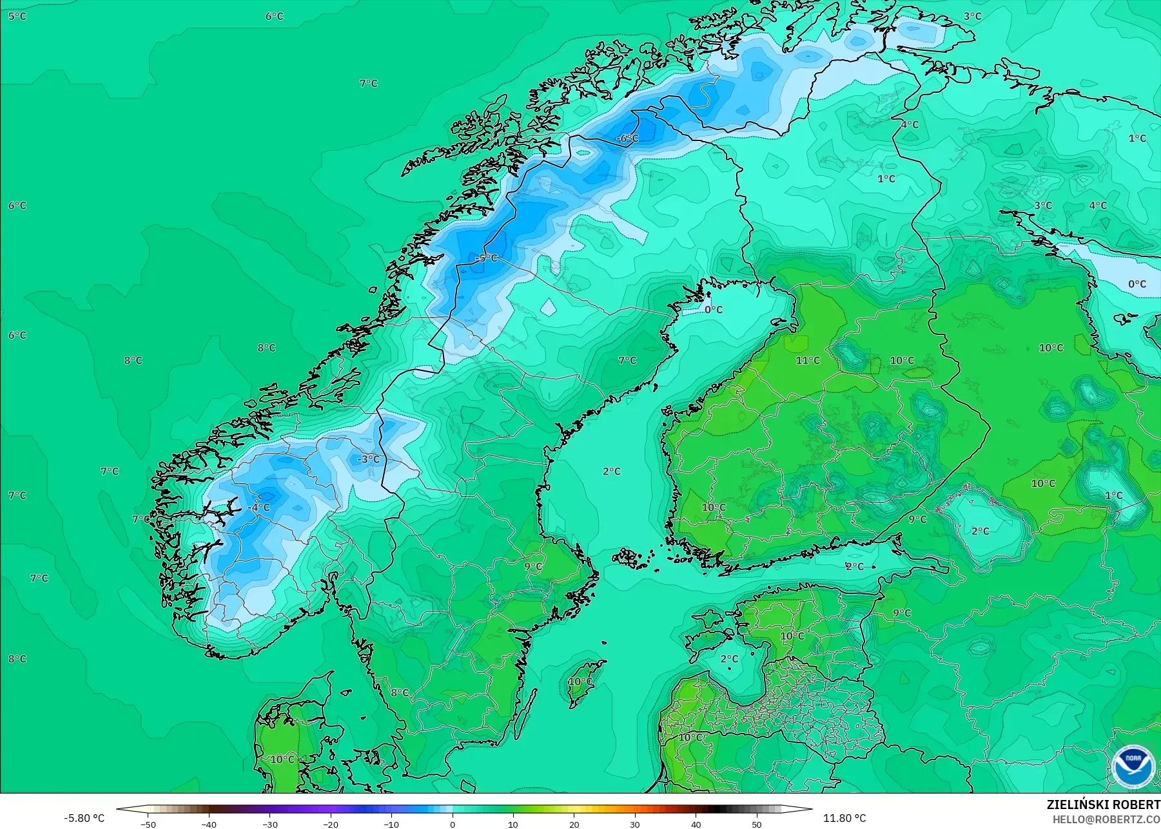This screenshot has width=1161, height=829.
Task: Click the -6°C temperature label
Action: [x=627, y=138]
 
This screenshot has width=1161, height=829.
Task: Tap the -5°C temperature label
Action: [x=487, y=258]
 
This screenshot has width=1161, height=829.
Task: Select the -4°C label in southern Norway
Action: [x=259, y=508]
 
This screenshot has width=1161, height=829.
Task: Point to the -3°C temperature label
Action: [x=369, y=459]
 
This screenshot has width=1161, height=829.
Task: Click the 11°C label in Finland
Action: [x=808, y=361]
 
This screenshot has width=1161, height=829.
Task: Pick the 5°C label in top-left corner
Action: [x=17, y=16]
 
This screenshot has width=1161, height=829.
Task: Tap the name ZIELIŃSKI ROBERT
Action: [x=1103, y=805]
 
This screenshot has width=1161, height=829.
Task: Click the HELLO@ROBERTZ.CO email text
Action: [x=1106, y=819]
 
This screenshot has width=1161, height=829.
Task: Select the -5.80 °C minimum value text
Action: [x=84, y=818]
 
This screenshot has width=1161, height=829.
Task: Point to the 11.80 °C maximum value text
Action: [x=844, y=818]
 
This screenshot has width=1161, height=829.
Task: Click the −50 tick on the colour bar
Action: [x=148, y=824]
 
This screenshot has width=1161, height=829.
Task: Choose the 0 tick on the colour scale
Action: [x=453, y=824]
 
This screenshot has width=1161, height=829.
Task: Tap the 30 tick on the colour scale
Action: [x=635, y=824]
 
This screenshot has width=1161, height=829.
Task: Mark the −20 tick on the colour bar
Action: [x=331, y=824]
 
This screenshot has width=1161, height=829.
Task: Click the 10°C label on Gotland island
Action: [x=580, y=681]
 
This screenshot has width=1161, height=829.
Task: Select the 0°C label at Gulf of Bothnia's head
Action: [x=713, y=310]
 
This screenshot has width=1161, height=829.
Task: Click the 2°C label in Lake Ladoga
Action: [x=980, y=531]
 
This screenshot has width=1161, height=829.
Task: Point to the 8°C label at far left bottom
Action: [x=17, y=659]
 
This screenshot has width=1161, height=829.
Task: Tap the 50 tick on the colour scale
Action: [x=756, y=824]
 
